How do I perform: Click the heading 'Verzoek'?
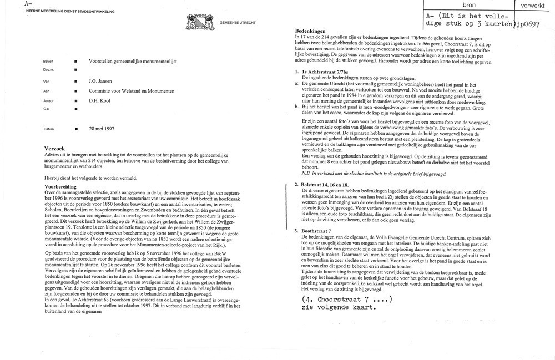click(57, 149)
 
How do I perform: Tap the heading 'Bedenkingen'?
click(310, 30)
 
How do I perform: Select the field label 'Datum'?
click(48, 129)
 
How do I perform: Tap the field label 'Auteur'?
click(48, 101)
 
